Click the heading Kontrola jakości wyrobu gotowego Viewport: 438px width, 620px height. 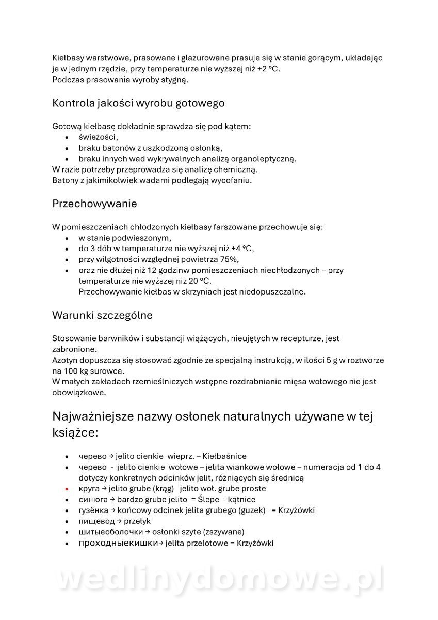[x=138, y=103]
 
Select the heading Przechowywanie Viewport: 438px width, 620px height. [x=94, y=204]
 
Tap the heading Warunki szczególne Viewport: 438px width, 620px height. [x=102, y=315]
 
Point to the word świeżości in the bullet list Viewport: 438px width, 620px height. [x=98, y=137]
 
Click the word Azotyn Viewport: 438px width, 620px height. [x=66, y=360]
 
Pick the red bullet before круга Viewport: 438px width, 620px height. [x=67, y=489]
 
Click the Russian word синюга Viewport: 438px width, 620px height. [x=93, y=500]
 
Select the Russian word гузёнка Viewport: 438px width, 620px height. [x=93, y=510]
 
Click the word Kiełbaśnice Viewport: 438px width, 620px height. [x=224, y=456]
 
